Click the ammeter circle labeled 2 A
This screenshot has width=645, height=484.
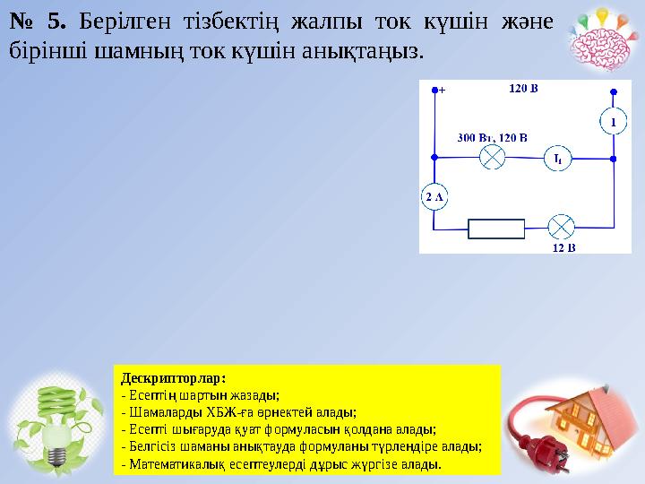tap(434, 196)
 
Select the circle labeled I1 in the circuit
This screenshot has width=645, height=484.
tap(556, 159)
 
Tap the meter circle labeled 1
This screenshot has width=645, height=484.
tap(613, 120)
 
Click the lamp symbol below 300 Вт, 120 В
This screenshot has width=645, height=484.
tap(493, 158)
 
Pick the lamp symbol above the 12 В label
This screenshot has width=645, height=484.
tap(561, 228)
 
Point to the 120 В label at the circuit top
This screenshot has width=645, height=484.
tap(523, 89)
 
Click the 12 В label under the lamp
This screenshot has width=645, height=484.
tap(563, 247)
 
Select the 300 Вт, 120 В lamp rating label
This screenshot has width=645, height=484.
tap(492, 137)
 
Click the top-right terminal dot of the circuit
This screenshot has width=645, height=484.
tap(613, 91)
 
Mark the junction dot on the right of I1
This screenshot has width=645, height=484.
tap(613, 159)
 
